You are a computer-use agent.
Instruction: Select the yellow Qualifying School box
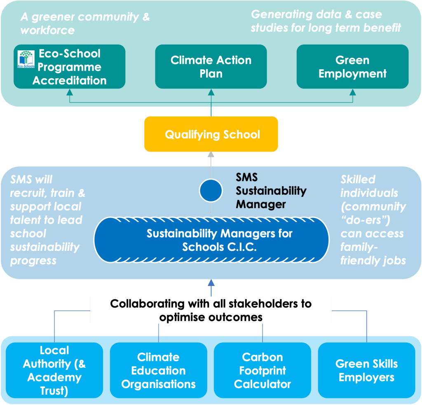211,134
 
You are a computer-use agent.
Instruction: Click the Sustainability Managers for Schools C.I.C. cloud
211,240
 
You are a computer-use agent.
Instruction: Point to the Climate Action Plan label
211,67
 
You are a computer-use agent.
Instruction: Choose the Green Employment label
352,67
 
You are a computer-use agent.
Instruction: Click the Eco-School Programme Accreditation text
69,67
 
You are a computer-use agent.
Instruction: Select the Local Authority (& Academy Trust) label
54,370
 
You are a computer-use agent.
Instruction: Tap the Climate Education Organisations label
158,370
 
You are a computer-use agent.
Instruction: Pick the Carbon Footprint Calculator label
263,370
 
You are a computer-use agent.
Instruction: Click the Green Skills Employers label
366,370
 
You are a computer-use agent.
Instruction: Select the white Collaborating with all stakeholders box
211,310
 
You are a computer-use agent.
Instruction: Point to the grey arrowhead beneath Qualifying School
211,155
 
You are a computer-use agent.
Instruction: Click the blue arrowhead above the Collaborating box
211,283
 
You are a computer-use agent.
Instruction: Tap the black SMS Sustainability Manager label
271,191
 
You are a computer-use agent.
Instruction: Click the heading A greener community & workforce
85,23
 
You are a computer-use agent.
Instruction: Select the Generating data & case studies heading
326,21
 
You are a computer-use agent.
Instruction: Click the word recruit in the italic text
25,193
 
